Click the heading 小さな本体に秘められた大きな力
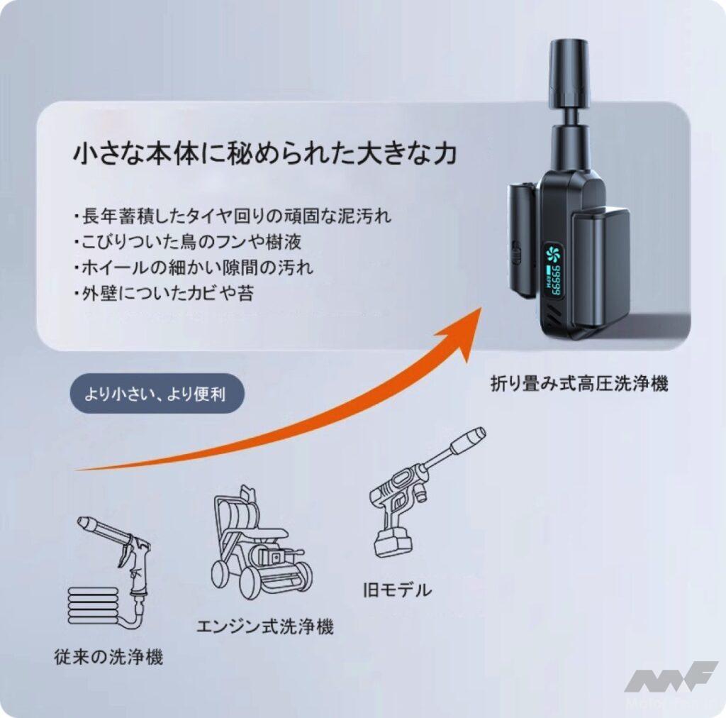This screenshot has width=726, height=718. tap(264, 153)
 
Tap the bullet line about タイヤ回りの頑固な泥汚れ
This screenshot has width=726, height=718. tap(232, 216)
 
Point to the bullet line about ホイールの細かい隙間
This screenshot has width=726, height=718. tap(193, 267)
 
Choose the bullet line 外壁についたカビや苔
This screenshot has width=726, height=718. tap(164, 293)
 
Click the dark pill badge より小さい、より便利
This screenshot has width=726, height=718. tap(156, 393)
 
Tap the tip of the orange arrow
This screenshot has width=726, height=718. tap(481, 308)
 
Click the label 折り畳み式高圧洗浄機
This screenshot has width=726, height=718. tap(579, 384)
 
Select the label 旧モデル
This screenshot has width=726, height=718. tap(397, 590)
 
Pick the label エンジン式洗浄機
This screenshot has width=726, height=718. tap(265, 626)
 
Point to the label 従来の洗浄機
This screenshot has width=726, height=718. tap(108, 656)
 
